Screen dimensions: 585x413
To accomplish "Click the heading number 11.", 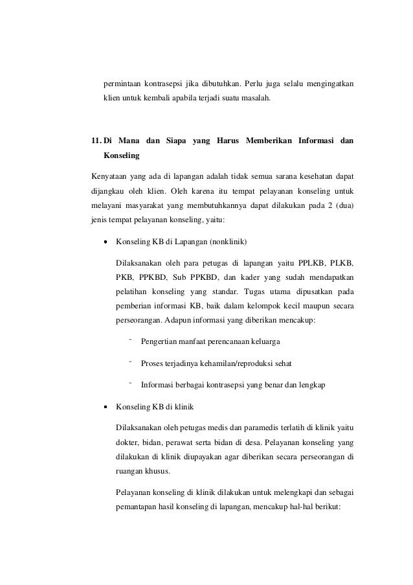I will tap(96, 141).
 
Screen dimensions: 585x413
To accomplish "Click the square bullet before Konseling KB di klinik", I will tap(105, 407).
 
